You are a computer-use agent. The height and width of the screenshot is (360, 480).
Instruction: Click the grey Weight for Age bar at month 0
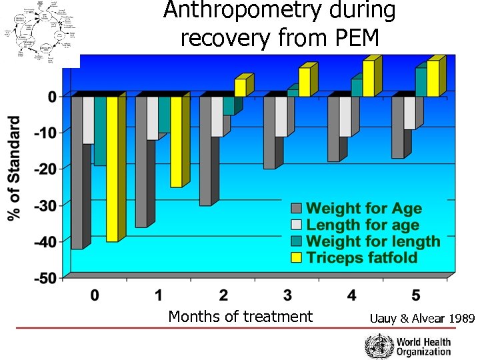tap(77, 173)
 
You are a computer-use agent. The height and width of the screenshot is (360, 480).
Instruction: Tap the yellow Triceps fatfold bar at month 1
tap(176, 142)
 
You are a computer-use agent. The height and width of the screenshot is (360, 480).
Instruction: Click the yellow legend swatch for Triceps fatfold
tap(295, 258)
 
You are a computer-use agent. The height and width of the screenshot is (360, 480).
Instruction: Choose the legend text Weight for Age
tap(363, 209)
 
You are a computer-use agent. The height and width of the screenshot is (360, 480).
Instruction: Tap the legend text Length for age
tap(362, 225)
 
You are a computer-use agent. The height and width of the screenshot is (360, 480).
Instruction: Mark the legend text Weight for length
tap(373, 241)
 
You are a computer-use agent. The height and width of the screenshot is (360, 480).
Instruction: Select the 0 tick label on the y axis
tap(52, 96)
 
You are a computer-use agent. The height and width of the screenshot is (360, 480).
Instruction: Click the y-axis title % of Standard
tap(14, 168)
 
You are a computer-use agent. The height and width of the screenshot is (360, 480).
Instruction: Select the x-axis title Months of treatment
tap(240, 317)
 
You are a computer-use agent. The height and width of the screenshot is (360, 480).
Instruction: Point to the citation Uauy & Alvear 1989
tap(421, 319)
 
